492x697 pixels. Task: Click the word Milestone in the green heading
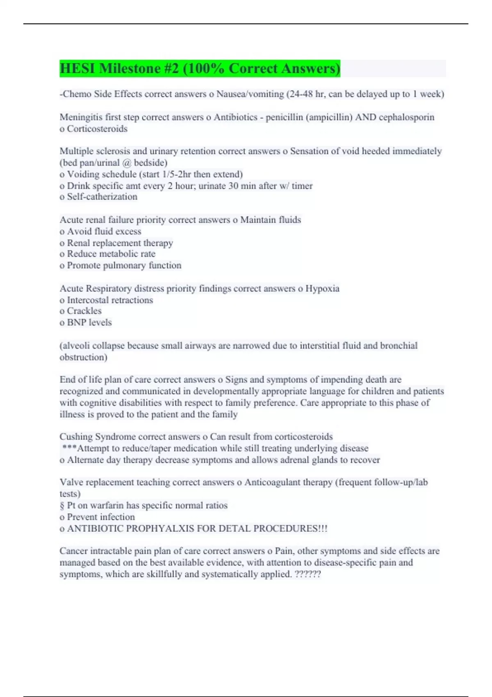[x=130, y=68]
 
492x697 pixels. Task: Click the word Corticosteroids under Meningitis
[x=97, y=129]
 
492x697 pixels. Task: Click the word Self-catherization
[x=102, y=197]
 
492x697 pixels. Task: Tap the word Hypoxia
[x=322, y=289]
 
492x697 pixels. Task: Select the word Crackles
[x=84, y=311]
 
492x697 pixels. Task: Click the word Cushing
[x=76, y=437]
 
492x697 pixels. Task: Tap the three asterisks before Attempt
[x=69, y=448]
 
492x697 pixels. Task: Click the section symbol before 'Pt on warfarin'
[x=62, y=506]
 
